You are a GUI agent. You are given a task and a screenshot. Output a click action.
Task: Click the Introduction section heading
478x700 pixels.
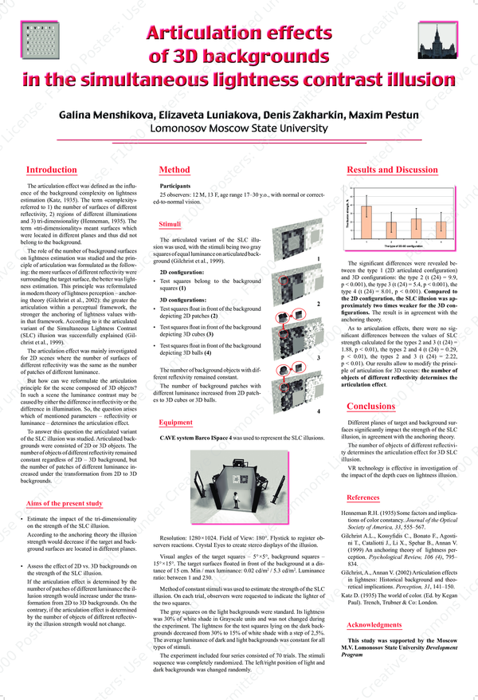pyautogui.click(x=51, y=170)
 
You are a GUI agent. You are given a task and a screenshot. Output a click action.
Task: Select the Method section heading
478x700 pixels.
pyautogui.click(x=174, y=170)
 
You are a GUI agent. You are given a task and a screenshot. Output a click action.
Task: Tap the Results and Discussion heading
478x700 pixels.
pyautogui.click(x=393, y=170)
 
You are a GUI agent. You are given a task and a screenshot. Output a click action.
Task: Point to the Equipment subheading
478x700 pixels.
pyautogui.click(x=175, y=422)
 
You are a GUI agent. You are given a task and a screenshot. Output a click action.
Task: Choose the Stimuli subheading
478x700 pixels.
pyautogui.click(x=170, y=225)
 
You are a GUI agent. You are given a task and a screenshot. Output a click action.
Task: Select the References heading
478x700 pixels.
pyautogui.click(x=363, y=497)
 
